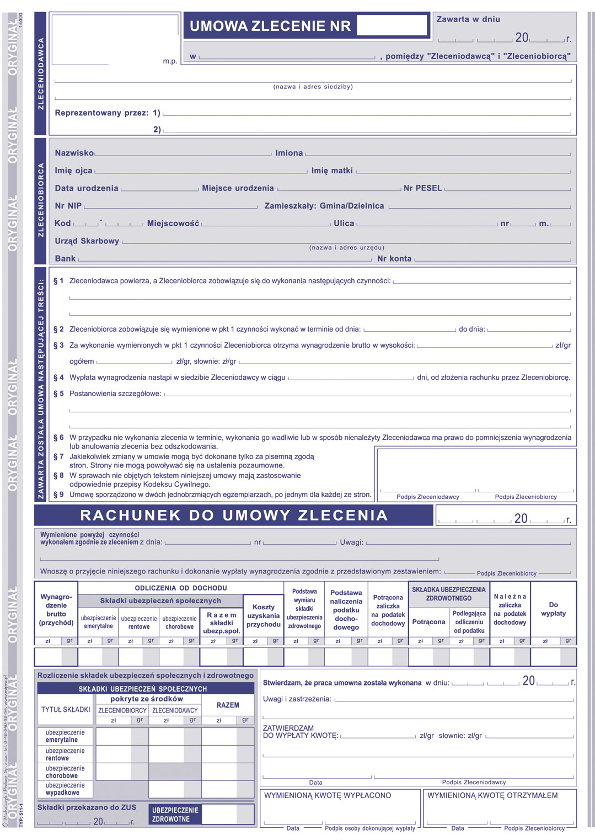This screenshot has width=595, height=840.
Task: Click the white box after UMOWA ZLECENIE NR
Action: pos(392,25)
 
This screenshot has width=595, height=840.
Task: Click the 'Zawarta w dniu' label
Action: pos(468,19)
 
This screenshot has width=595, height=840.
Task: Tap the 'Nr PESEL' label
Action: pos(422,188)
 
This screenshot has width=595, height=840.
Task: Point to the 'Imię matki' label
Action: pos(332,171)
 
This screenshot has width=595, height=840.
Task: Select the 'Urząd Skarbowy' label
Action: pos(87,241)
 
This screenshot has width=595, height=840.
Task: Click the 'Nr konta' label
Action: pos(394,258)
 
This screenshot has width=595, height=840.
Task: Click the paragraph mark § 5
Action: pos(58,394)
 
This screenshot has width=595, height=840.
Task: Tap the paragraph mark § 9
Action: pos(58,495)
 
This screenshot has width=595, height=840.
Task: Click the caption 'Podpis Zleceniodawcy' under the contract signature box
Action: pos(427,497)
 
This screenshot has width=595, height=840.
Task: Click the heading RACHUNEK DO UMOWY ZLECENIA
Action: pos(234,515)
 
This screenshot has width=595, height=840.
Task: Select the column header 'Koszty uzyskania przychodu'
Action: pos(264,616)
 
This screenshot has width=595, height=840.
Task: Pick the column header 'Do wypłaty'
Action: pos(553,609)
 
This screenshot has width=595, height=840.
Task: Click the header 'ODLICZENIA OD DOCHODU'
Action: pos(181,588)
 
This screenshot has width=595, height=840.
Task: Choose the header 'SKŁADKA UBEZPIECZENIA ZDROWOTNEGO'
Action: pos(449,594)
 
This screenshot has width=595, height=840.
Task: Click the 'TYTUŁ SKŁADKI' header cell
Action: pos(66,709)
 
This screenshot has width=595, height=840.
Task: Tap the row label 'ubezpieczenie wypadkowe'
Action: pos(65,789)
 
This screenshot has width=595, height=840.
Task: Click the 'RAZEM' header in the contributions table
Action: pos(228,705)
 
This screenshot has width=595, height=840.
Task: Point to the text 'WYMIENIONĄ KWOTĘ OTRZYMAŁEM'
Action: pos(492,795)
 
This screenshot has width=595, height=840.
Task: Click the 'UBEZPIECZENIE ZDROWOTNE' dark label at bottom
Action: pos(175,815)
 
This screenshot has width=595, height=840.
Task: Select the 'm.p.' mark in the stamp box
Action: pos(170,61)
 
